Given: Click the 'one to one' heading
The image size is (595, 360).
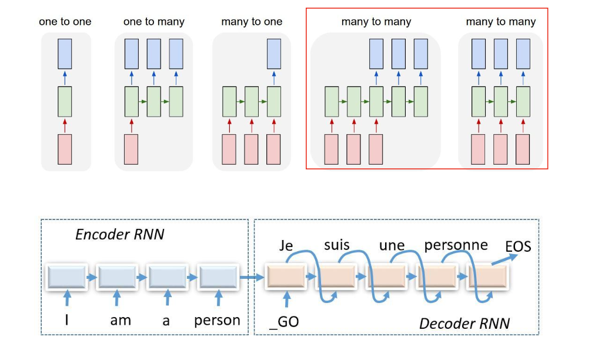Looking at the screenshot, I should pos(65,22).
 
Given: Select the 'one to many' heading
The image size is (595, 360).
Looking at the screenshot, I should pos(154,22).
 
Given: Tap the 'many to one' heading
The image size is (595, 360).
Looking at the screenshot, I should pos(252,22).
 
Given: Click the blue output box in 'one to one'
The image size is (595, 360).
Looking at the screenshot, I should pos(65,53).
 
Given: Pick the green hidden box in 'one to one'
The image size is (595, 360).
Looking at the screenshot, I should pos(65,101).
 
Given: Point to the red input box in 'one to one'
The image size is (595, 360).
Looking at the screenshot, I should pos(65,149).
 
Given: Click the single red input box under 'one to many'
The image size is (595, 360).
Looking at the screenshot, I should pos(131,149).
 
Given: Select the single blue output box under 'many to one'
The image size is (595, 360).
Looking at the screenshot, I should pos(273,53).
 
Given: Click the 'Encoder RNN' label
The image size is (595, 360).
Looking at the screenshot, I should pos(119,234).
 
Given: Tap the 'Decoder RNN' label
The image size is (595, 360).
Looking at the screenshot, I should pos(464,323).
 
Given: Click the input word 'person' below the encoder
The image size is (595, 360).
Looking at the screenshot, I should pos(218,321).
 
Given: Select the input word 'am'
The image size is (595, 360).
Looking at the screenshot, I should pos(121,321).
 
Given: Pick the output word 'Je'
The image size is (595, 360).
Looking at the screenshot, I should pos(286,246).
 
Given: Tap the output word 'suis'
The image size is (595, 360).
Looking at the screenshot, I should pos(337,245).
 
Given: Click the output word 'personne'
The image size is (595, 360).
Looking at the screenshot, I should pos(456,245).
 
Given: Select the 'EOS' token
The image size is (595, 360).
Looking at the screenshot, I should pos(518,246).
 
